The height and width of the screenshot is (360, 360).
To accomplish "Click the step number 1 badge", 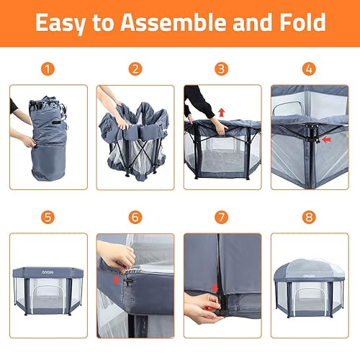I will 48,70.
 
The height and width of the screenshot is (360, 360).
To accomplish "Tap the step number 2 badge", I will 135,70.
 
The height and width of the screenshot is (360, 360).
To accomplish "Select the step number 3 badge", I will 222,70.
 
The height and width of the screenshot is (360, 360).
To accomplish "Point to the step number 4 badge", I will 310,70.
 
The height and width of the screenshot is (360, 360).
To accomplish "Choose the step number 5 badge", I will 48,217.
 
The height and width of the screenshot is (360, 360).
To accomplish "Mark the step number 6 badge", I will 135,217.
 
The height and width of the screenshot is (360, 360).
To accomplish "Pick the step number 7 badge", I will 222,217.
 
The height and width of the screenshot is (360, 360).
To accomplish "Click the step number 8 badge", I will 310,217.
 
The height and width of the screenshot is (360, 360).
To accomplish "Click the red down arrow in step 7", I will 216,289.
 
